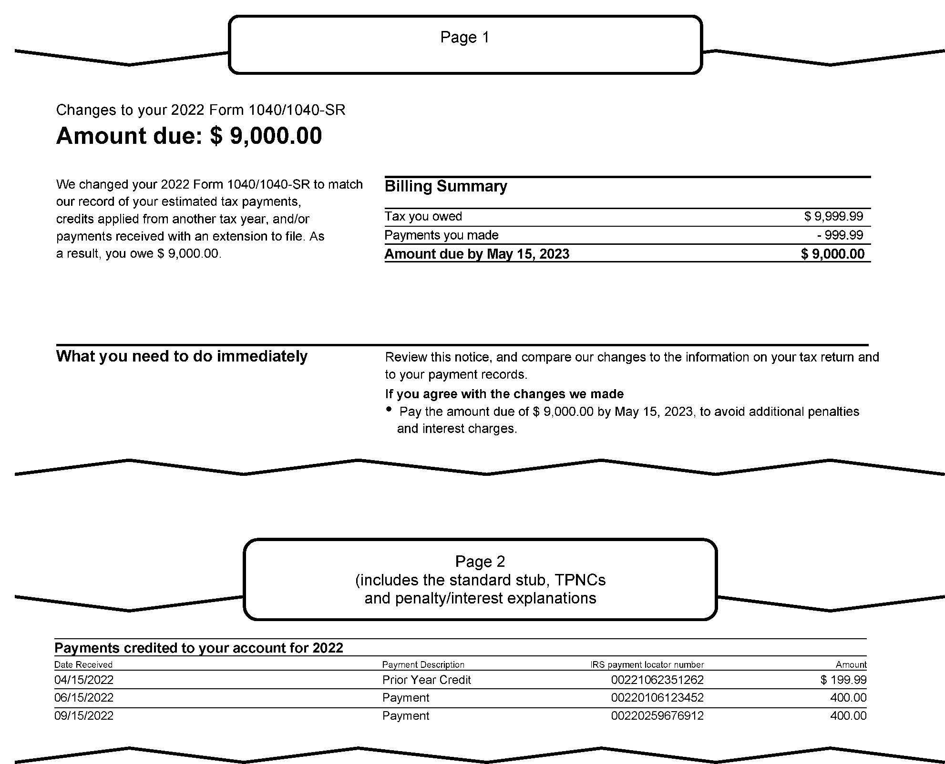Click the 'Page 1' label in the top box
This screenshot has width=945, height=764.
click(464, 37)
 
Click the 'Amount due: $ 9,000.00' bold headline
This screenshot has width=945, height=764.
click(189, 136)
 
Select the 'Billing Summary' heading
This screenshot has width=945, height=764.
click(446, 186)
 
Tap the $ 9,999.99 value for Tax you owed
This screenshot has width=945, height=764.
click(833, 216)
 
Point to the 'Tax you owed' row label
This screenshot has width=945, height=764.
click(423, 216)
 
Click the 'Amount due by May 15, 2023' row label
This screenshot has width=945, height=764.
click(477, 254)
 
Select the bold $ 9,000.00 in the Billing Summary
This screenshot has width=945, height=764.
click(832, 254)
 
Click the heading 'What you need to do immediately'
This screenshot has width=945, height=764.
click(182, 356)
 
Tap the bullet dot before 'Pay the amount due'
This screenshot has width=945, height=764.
click(390, 409)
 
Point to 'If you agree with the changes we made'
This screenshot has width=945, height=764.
click(504, 394)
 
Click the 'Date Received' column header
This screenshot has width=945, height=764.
click(83, 664)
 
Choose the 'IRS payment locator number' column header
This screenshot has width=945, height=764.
click(647, 664)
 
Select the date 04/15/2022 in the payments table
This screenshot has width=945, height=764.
click(84, 680)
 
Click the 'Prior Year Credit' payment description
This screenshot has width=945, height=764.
click(426, 680)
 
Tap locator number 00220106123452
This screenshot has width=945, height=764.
click(657, 698)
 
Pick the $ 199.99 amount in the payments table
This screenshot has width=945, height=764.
click(843, 680)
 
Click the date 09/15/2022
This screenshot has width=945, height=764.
click(84, 716)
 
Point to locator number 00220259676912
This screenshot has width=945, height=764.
click(657, 716)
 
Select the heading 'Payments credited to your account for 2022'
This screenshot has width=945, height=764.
click(199, 648)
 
